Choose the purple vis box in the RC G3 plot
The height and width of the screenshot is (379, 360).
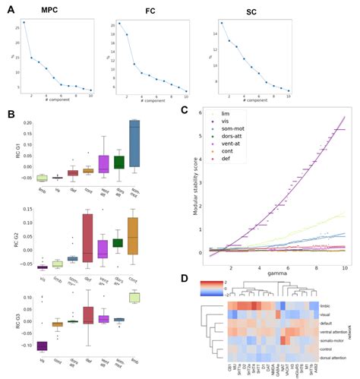(x=42, y=346)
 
